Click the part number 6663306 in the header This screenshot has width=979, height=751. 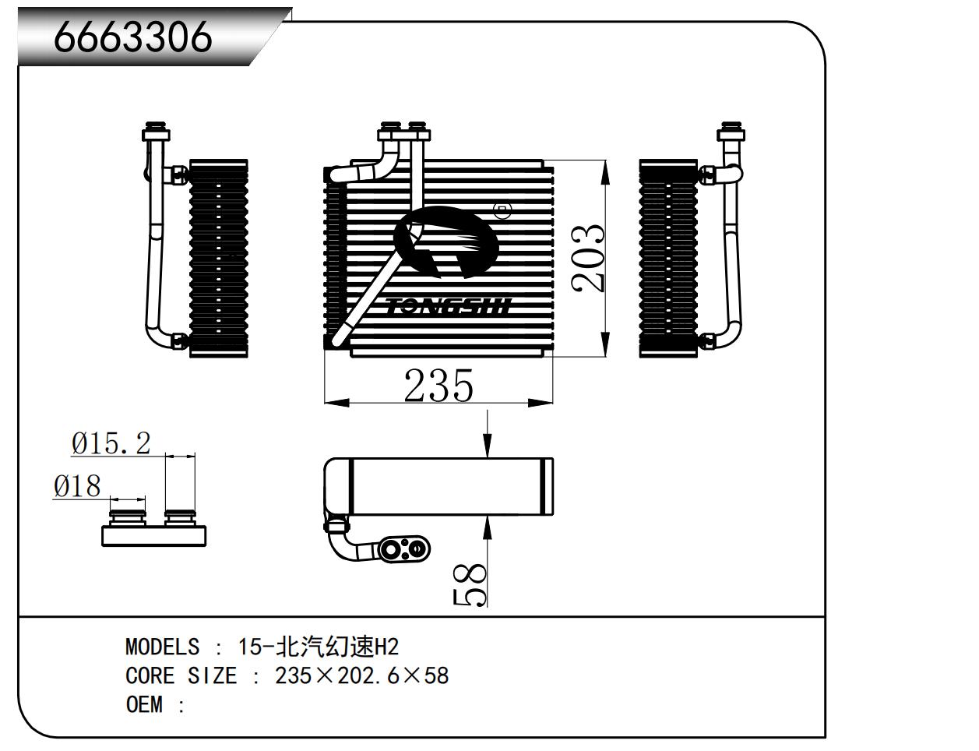point(132,37)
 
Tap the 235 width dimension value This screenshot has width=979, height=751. point(438,386)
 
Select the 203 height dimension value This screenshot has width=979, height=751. point(588,258)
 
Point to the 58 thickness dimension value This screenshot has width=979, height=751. point(470,584)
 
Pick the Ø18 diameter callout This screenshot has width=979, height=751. point(77,486)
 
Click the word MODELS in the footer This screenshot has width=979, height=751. point(162,647)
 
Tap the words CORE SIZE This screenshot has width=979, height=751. point(181,675)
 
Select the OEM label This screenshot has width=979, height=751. point(144,704)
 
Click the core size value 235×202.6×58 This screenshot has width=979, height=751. point(362,675)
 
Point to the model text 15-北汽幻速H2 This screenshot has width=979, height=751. point(319,647)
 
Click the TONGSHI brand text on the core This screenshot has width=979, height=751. point(449,306)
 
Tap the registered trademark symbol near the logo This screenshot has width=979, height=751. point(502,210)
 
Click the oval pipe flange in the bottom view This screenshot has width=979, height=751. point(403,549)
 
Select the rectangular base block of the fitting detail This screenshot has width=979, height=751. point(154,536)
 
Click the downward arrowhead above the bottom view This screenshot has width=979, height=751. point(487,445)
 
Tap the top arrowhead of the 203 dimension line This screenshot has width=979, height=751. point(605,172)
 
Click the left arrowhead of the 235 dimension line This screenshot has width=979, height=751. point(336,402)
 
